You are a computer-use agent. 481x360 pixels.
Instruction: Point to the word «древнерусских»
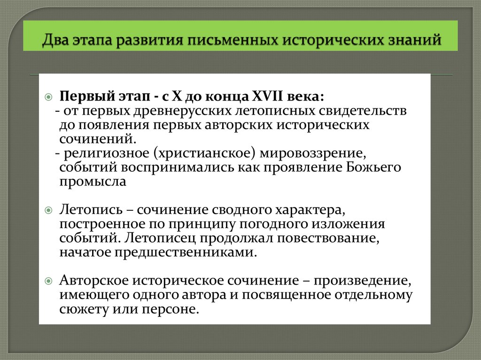181,112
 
